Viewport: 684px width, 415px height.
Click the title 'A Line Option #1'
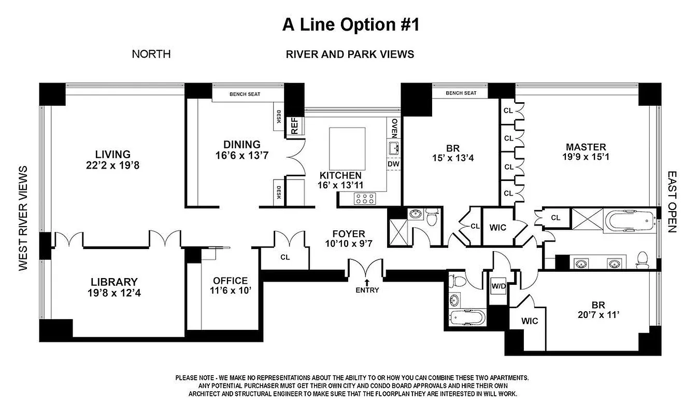350,25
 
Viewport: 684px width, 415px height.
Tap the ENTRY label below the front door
367,290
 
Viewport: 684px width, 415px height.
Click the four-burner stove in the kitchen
364,198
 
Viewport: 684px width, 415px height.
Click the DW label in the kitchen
393,164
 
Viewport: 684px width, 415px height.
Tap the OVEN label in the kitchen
394,128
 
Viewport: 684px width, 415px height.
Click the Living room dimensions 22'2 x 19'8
113,165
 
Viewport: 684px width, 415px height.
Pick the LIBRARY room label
113,282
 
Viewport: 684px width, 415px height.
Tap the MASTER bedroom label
586,147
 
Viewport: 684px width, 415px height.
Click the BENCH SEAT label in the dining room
245,94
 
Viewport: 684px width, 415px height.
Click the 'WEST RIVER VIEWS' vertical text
23,218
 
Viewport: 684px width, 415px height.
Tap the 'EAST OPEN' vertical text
672,202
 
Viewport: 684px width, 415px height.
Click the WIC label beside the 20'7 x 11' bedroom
530,321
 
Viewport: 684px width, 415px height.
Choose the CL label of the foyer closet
285,257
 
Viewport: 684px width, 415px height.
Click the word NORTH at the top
151,54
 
